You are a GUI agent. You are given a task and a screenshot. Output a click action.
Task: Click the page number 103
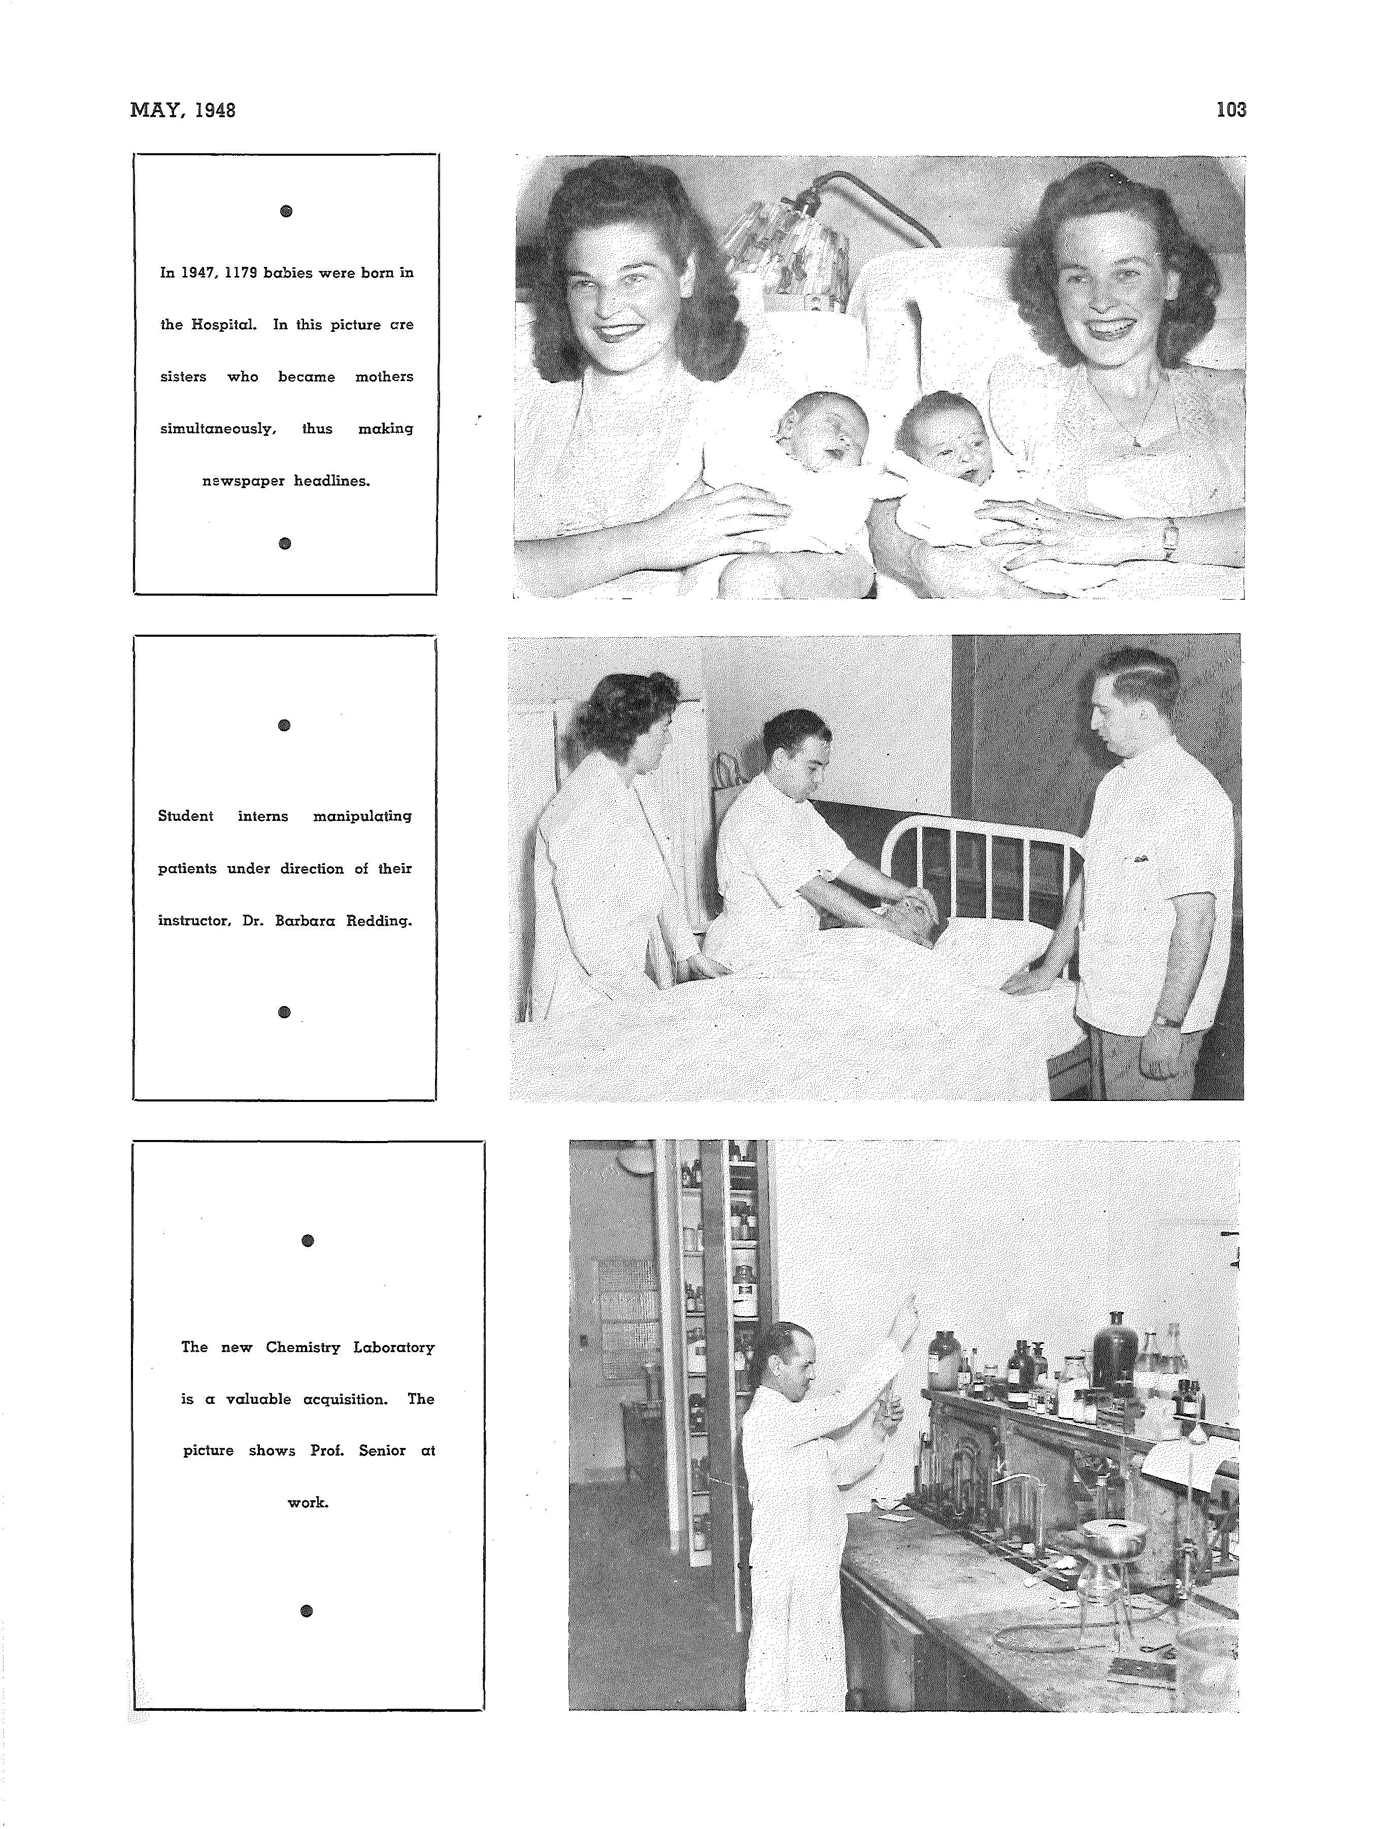pyautogui.click(x=1231, y=109)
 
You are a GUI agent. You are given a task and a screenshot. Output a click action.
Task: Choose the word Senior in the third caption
pyautogui.click(x=382, y=1451)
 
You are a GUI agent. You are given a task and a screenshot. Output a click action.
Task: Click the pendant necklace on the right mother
pyautogui.click(x=1136, y=441)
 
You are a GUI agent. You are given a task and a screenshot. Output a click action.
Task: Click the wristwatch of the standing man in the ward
pyautogui.click(x=1167, y=1020)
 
